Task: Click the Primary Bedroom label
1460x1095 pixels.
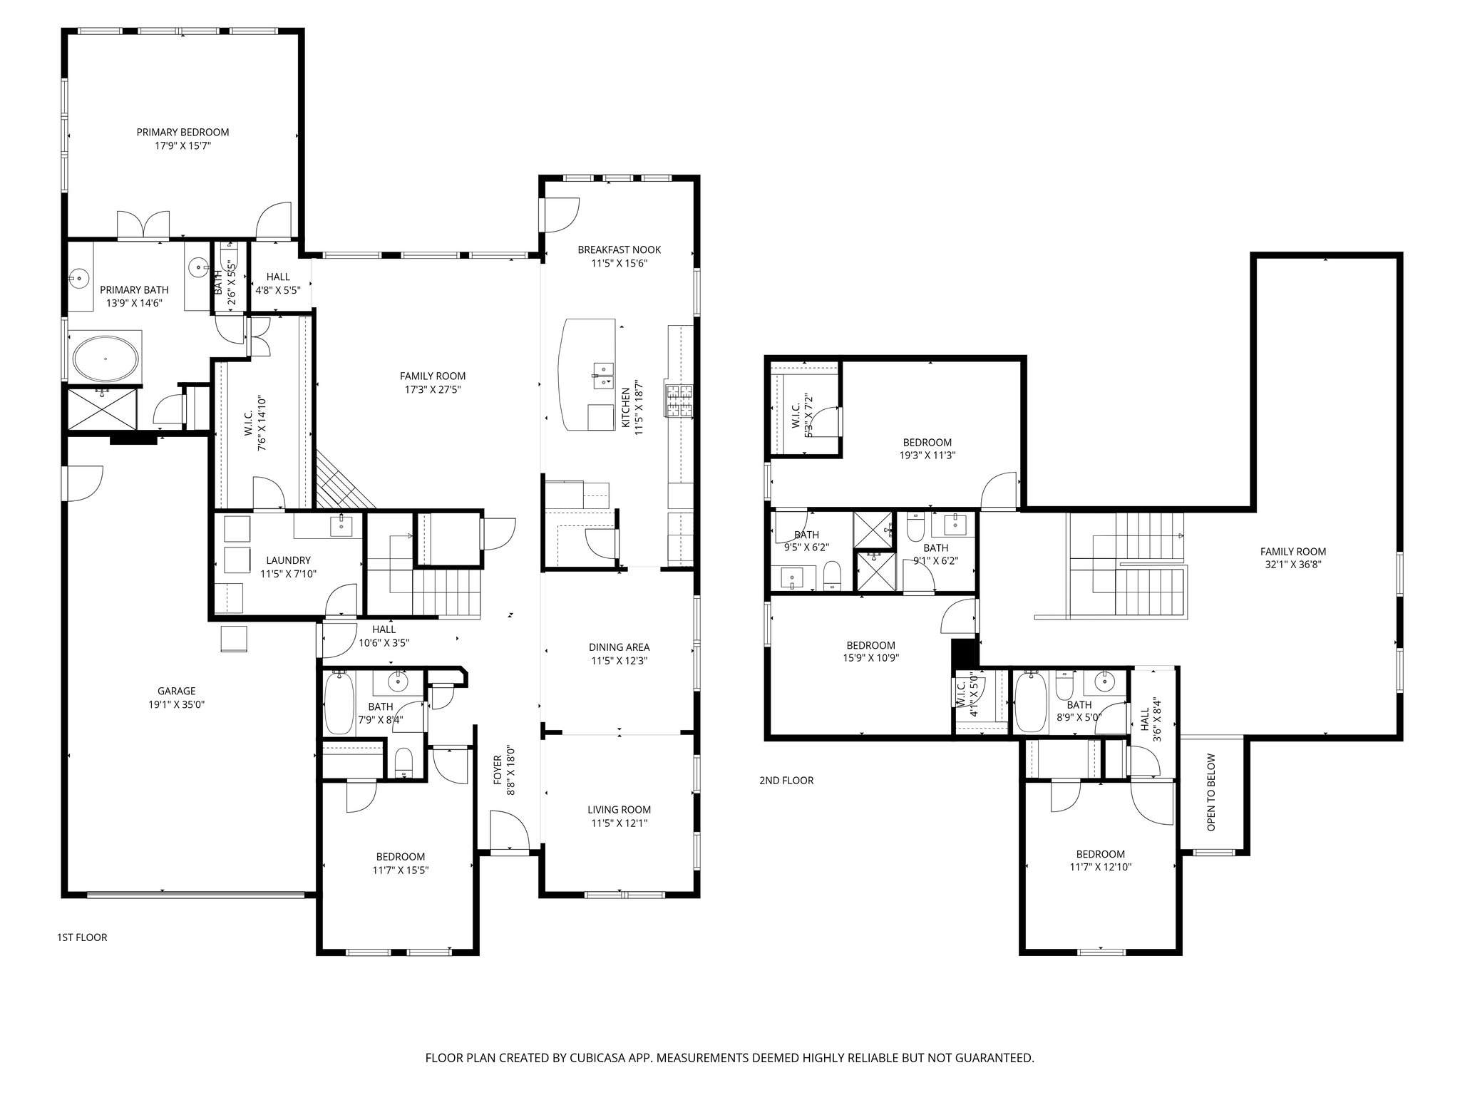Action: (x=182, y=133)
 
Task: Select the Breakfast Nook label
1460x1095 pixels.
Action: (x=619, y=250)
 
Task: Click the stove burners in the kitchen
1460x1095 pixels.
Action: (x=679, y=400)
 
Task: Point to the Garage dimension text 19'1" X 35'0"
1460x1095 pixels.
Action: (x=176, y=704)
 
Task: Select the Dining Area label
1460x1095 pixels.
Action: (x=619, y=647)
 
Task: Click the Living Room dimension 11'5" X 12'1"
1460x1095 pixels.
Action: (x=619, y=823)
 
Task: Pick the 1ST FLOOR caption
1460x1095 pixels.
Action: (x=82, y=937)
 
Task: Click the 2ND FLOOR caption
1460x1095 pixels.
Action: (x=786, y=781)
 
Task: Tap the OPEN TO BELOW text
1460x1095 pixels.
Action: (x=1211, y=792)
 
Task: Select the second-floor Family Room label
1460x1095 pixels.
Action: (x=1292, y=551)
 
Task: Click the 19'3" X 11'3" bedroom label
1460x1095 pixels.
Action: (x=927, y=456)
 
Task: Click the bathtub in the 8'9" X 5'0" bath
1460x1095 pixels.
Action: (x=1030, y=704)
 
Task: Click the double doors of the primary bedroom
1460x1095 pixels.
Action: (x=143, y=225)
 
